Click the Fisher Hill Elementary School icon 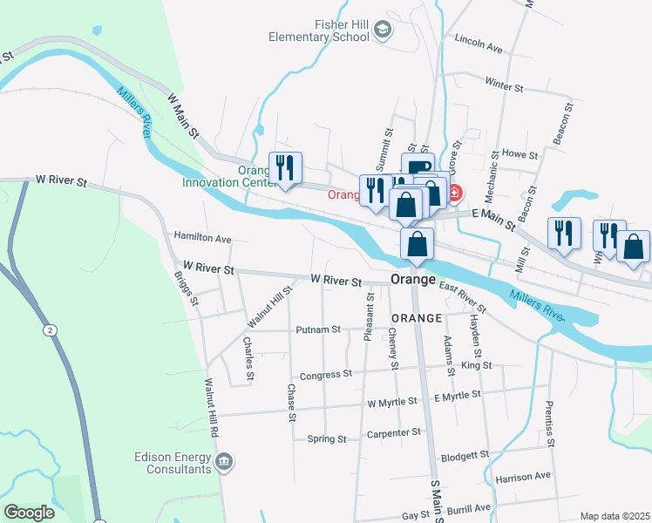point(382,31)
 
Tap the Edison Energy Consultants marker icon point(225,461)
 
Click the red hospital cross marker point(455,191)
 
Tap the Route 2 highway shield point(51,329)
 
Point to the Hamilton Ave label point(202,237)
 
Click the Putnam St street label point(318,329)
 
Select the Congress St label point(325,375)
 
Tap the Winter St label point(505,87)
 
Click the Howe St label point(521,153)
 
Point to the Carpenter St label point(394,432)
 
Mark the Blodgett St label point(465,456)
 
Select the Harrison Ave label point(523,477)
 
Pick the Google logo point(29,513)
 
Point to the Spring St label point(327,438)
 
